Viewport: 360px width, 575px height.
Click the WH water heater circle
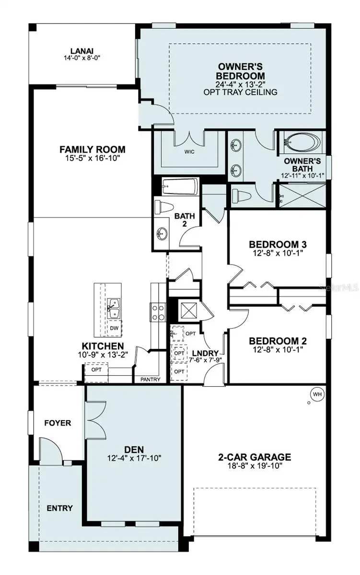click(x=317, y=394)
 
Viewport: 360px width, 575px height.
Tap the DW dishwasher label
click(x=114, y=328)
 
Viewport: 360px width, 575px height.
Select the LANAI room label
click(x=82, y=51)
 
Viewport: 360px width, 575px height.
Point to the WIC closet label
click(x=189, y=152)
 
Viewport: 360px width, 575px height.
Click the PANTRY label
click(x=150, y=379)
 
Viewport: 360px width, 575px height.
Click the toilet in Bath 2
click(x=164, y=207)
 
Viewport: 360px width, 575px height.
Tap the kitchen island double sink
click(x=113, y=308)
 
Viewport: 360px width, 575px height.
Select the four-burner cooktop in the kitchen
click(x=158, y=312)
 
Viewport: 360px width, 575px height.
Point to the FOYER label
click(x=58, y=423)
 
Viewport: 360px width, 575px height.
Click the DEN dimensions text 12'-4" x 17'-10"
click(x=134, y=458)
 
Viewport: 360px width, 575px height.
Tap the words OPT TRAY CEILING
click(x=240, y=92)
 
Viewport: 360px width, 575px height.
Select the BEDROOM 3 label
click(x=278, y=244)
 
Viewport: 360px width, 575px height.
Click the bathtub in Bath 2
click(x=180, y=186)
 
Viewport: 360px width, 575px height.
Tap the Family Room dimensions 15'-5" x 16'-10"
click(x=93, y=158)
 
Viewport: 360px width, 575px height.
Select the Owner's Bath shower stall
click(x=302, y=195)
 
